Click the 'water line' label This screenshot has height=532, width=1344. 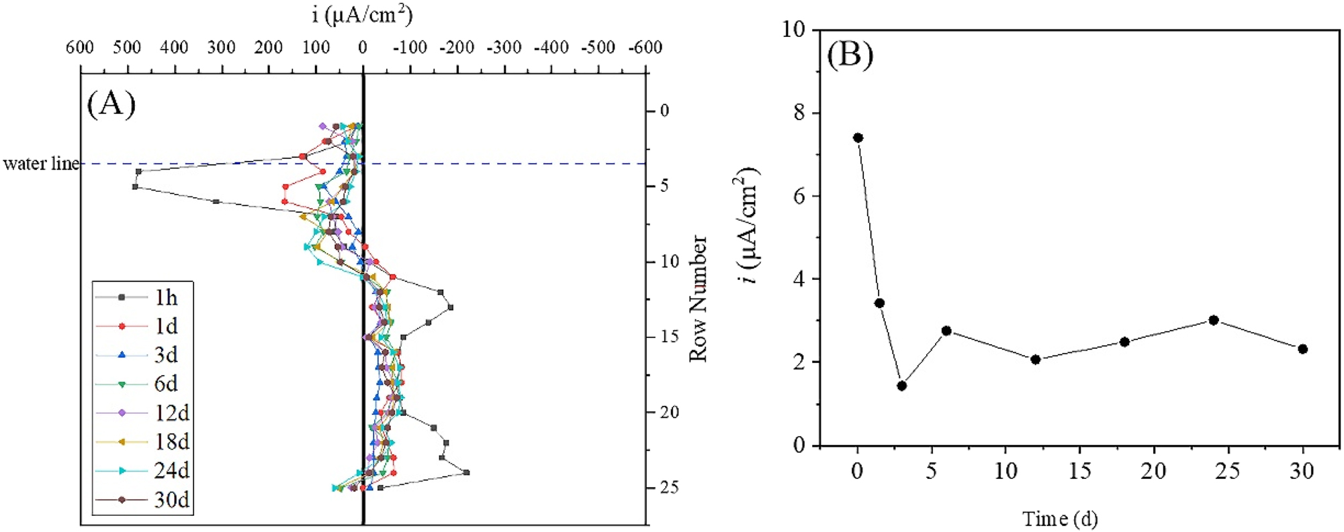pyautogui.click(x=41, y=164)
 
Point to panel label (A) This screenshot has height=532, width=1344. pyautogui.click(x=111, y=104)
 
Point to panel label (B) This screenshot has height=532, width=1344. pyautogui.click(x=850, y=55)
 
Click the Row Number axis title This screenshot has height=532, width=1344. pyautogui.click(x=699, y=299)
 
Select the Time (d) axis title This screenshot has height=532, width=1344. pyautogui.click(x=1060, y=519)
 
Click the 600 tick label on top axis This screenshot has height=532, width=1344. pyautogui.click(x=80, y=48)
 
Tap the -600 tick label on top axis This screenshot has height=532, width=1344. pyautogui.click(x=645, y=48)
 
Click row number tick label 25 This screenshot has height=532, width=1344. pyautogui.click(x=668, y=488)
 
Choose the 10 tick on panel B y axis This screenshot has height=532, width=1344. pyautogui.click(x=794, y=30)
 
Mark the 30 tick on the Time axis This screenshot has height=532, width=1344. pyautogui.click(x=1302, y=472)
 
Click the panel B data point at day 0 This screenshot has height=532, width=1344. pyautogui.click(x=858, y=138)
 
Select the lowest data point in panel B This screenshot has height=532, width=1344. pyautogui.click(x=901, y=386)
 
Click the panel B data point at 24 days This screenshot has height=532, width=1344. pyautogui.click(x=1214, y=320)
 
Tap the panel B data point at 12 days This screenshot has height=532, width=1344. pyautogui.click(x=1035, y=360)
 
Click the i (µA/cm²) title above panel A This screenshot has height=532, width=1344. pyautogui.click(x=363, y=15)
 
